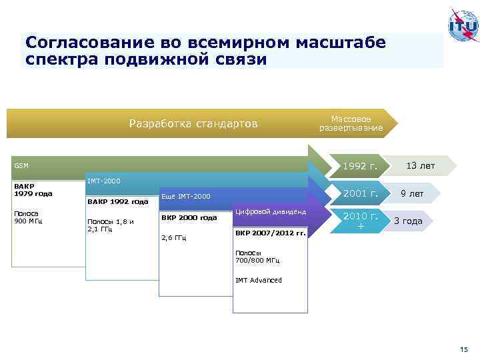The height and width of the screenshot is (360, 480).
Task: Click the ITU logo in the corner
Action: pyautogui.click(x=462, y=27)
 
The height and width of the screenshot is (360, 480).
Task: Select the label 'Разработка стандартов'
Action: pyautogui.click(x=193, y=123)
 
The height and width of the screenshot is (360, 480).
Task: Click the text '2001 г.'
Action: pyautogui.click(x=360, y=194)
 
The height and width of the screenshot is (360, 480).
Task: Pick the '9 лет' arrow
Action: pyautogui.click(x=411, y=194)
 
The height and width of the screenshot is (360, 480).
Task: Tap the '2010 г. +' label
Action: pyautogui.click(x=361, y=221)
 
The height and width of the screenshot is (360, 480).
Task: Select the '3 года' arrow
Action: pyautogui.click(x=408, y=221)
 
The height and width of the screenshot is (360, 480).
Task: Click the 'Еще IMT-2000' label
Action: pyautogui.click(x=185, y=196)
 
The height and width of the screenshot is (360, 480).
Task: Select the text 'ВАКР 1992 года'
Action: pyautogui.click(x=117, y=201)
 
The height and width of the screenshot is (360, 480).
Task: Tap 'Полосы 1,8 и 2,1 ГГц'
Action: pyautogui.click(x=111, y=225)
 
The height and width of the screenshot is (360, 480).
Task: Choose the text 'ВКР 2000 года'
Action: pyautogui.click(x=189, y=218)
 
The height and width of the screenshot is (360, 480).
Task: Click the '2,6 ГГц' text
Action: pyautogui.click(x=175, y=237)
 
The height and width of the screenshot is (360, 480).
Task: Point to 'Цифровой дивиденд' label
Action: pyautogui.click(x=270, y=212)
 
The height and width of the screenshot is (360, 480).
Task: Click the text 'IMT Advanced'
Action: pyautogui.click(x=259, y=280)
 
